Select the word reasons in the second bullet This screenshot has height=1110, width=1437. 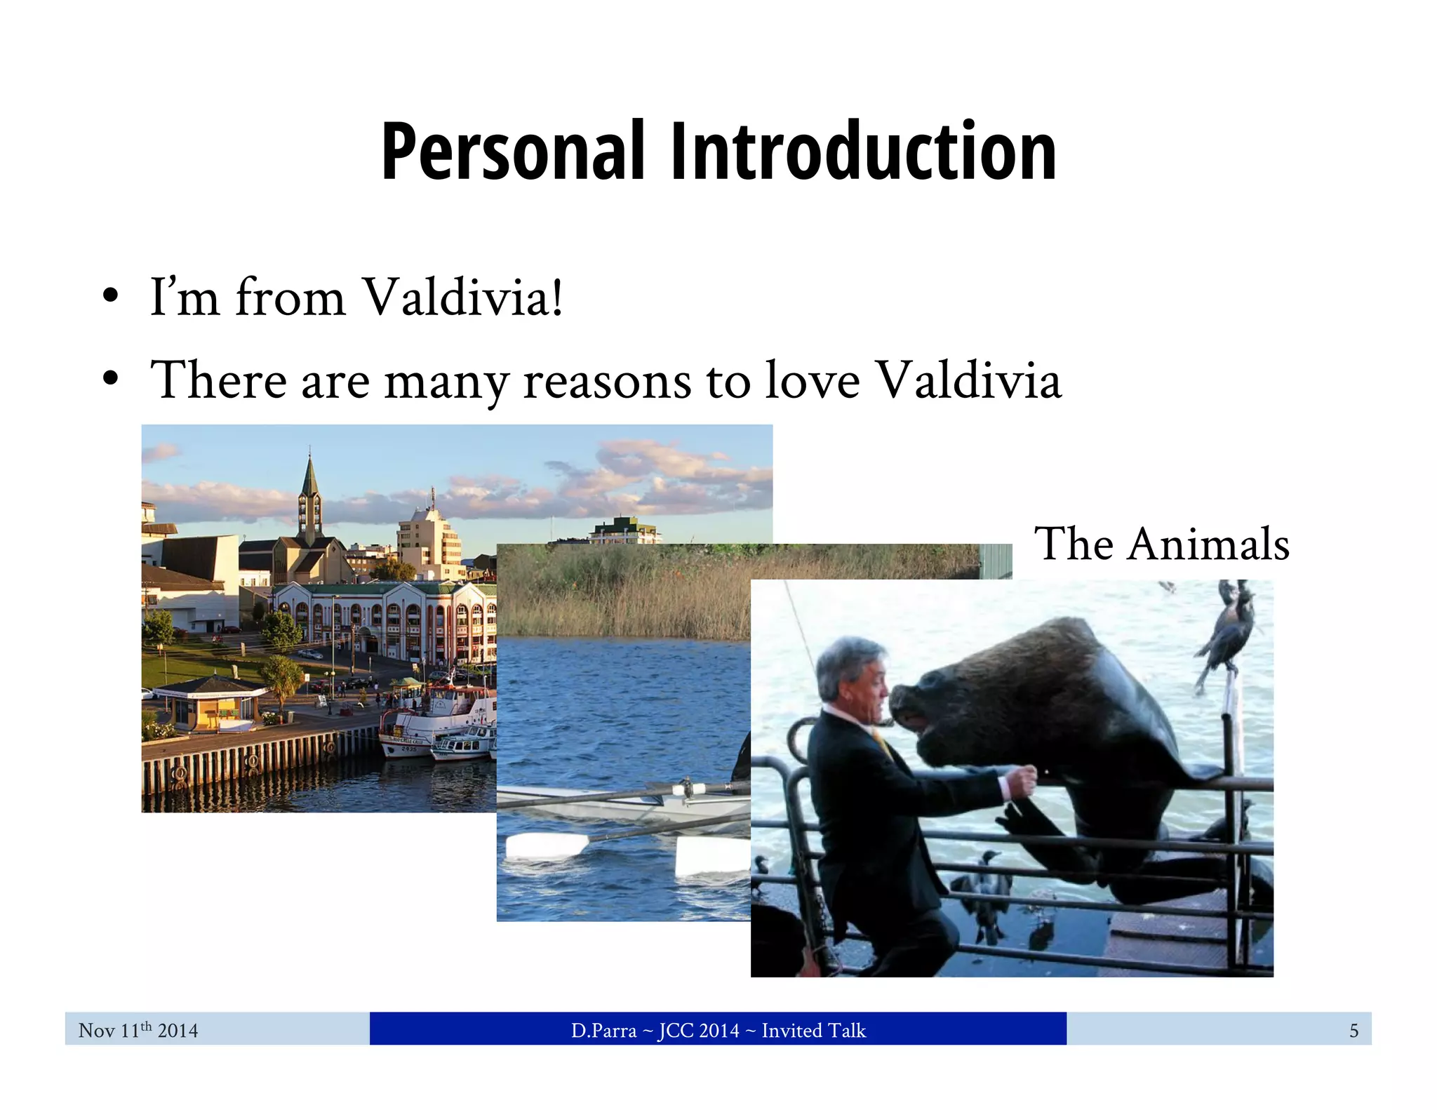coord(607,381)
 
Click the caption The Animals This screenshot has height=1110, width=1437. coord(1161,544)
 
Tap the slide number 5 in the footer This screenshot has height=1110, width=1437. coord(1354,1030)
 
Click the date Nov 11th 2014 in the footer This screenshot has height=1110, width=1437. coord(138,1030)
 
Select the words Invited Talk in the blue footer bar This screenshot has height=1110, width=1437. coord(813,1030)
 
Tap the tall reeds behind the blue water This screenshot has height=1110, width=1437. coord(624,596)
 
